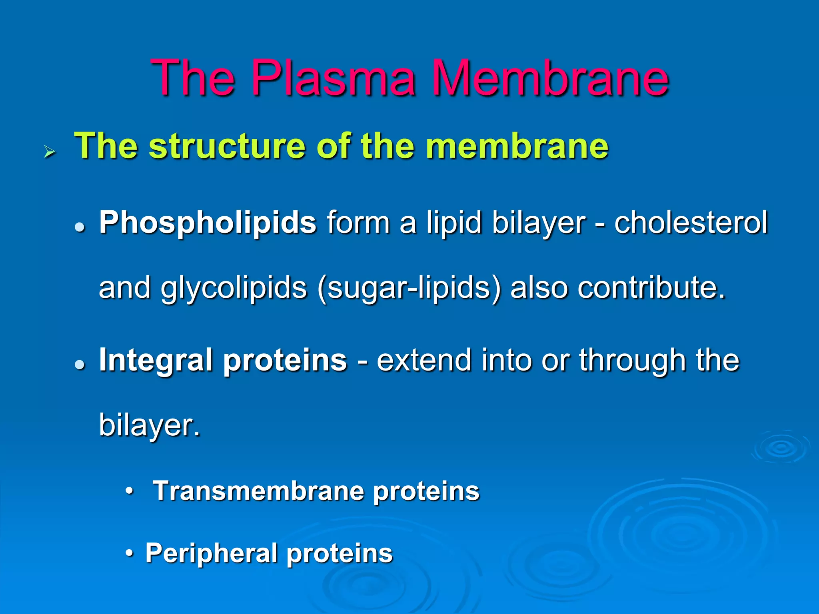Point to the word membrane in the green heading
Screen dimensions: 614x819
(x=517, y=146)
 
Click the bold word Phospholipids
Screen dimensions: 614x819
(x=208, y=223)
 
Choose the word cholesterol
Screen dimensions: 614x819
(x=691, y=223)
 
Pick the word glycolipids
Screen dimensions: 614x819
(x=234, y=288)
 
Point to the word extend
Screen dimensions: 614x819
(x=423, y=360)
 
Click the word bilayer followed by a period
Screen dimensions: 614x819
(x=149, y=425)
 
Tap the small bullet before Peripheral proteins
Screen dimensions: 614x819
(x=129, y=554)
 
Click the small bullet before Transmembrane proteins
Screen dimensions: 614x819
(x=129, y=491)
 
